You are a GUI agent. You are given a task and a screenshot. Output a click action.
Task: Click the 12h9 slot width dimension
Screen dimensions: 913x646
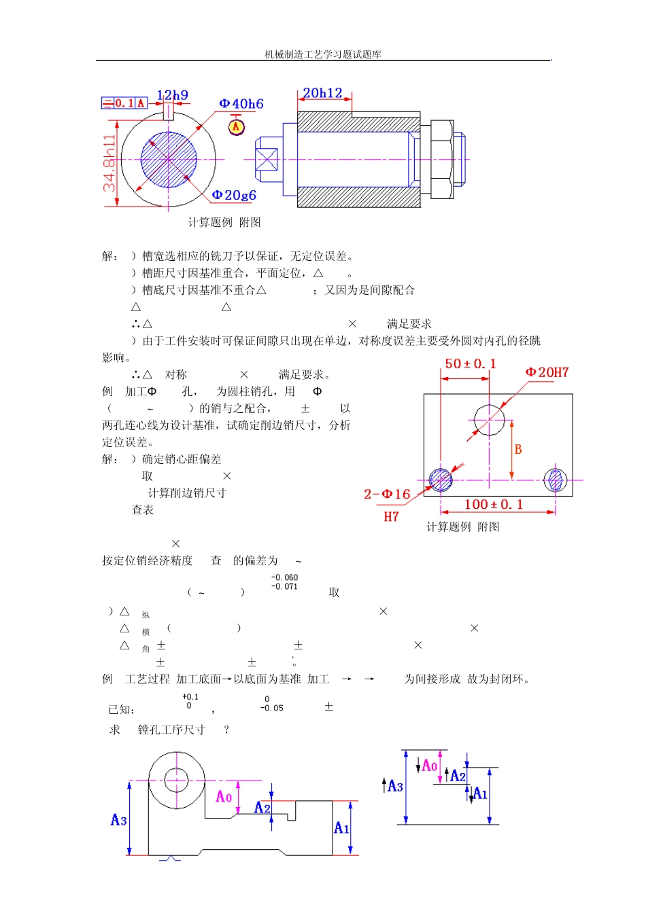pos(172,95)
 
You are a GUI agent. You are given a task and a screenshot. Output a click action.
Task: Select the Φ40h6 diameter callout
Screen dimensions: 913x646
pos(241,104)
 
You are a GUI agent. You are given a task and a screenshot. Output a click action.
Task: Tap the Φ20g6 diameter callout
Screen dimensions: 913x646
pos(234,195)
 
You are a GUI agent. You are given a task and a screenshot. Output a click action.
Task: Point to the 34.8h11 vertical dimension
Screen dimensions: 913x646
pos(109,163)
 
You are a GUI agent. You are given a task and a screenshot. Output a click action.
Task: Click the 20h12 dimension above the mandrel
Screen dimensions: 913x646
pos(322,93)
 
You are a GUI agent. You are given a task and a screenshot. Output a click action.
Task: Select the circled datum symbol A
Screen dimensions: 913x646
pos(236,126)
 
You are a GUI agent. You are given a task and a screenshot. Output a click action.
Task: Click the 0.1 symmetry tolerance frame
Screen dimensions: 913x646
pos(124,103)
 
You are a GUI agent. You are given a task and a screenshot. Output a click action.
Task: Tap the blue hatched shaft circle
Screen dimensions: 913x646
pos(169,160)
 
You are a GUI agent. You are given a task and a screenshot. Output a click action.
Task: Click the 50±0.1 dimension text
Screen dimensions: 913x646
pos(471,364)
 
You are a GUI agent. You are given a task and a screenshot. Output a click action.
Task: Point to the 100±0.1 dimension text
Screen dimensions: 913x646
pos(494,504)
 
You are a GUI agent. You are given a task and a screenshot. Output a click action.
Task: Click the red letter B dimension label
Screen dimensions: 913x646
pos(518,449)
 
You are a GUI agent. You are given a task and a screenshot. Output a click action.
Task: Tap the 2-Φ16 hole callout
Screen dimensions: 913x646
pos(387,495)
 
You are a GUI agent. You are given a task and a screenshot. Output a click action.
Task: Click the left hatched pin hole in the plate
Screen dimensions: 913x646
pos(441,480)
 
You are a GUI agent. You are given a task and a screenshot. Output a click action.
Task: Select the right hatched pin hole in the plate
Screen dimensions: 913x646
pos(556,480)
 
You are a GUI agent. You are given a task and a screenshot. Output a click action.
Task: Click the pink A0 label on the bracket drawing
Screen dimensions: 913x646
pos(224,797)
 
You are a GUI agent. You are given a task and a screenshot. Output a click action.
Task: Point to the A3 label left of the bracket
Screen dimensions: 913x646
pos(119,821)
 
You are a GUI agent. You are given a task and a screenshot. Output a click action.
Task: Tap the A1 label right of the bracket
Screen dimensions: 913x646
pos(341,828)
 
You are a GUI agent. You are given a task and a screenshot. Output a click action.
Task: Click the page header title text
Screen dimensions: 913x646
pos(323,54)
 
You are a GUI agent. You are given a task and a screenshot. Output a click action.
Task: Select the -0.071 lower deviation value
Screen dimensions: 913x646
pos(284,587)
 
